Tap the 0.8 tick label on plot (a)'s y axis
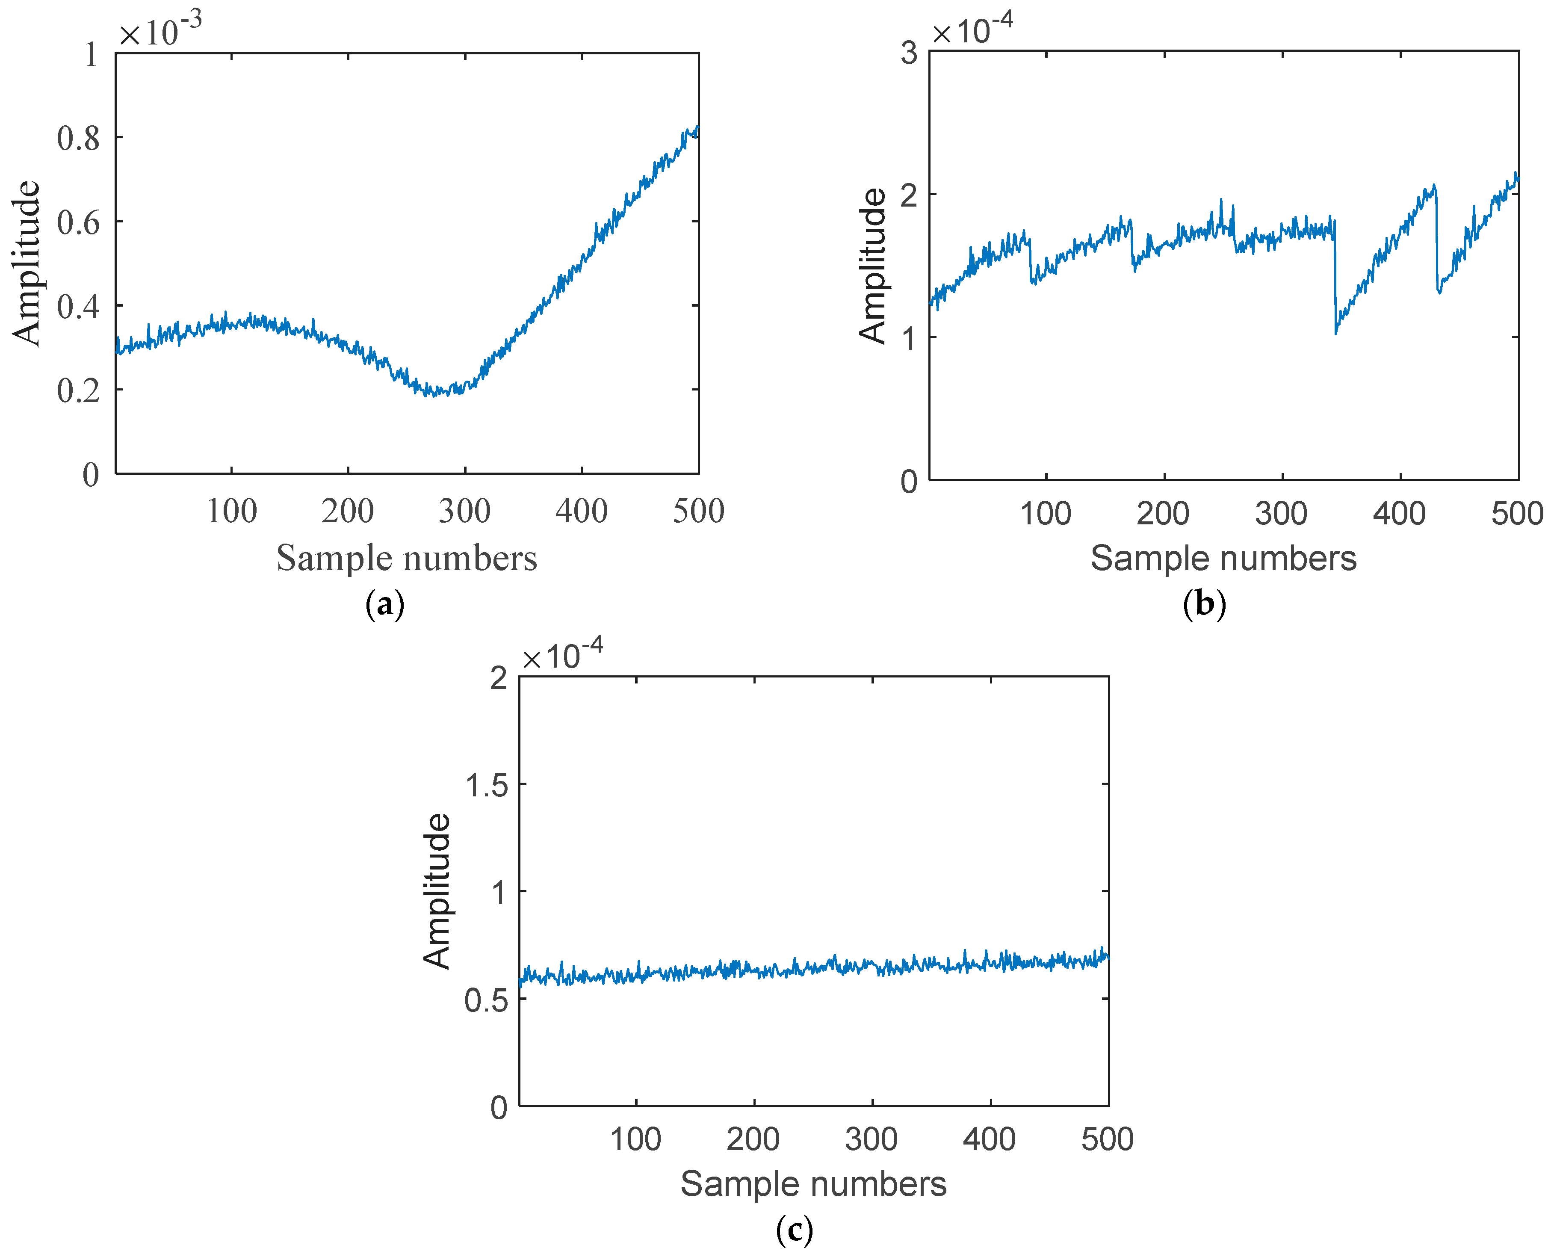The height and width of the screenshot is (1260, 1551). coord(78,138)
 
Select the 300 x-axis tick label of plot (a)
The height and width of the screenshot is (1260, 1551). coord(464,512)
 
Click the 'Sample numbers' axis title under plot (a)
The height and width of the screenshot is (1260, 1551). coord(406,558)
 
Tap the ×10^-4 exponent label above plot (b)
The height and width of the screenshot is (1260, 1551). coord(972,30)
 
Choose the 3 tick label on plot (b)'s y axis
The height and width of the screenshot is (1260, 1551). coord(909,53)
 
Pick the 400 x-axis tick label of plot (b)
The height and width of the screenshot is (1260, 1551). coord(1399,514)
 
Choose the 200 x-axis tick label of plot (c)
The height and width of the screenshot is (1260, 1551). coord(753,1139)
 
